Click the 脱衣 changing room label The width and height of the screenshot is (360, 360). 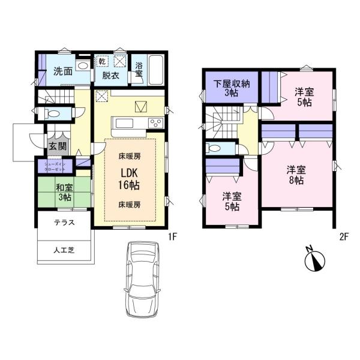pos(110,76)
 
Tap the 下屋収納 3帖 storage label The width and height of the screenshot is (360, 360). pos(229,88)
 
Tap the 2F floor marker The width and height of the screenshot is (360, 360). pos(344,236)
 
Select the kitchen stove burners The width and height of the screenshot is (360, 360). pos(155,124)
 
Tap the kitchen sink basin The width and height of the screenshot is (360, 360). pos(124,124)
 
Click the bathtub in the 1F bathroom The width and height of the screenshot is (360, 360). pos(157,71)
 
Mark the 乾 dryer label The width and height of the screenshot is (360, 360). pos(102,61)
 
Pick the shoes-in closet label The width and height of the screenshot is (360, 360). pos(55,164)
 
